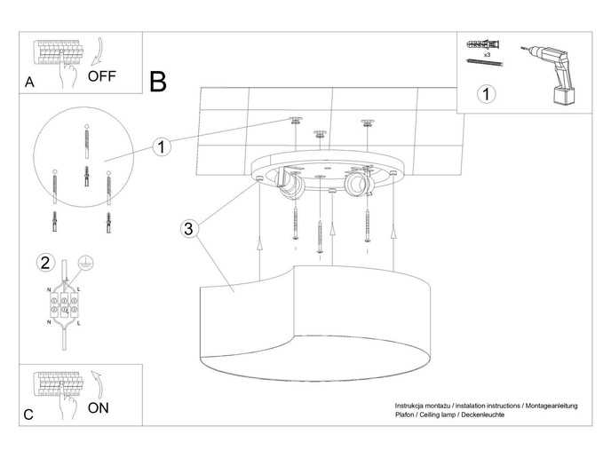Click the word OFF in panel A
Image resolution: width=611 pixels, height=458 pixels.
coord(102,76)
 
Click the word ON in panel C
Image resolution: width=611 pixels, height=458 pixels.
coord(99,408)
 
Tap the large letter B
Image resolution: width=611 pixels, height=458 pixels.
coord(158,83)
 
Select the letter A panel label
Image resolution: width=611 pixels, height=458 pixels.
coord(30,83)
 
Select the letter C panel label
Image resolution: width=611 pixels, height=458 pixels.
coord(29,414)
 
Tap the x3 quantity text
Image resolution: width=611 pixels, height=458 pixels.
coord(488,55)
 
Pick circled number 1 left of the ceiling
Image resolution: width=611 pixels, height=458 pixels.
coord(161,147)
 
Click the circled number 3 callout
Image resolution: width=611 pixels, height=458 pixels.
coord(187,229)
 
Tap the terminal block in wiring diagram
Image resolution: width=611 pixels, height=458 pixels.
coord(64,304)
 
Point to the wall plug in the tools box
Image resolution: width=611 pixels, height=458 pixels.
coord(480,43)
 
